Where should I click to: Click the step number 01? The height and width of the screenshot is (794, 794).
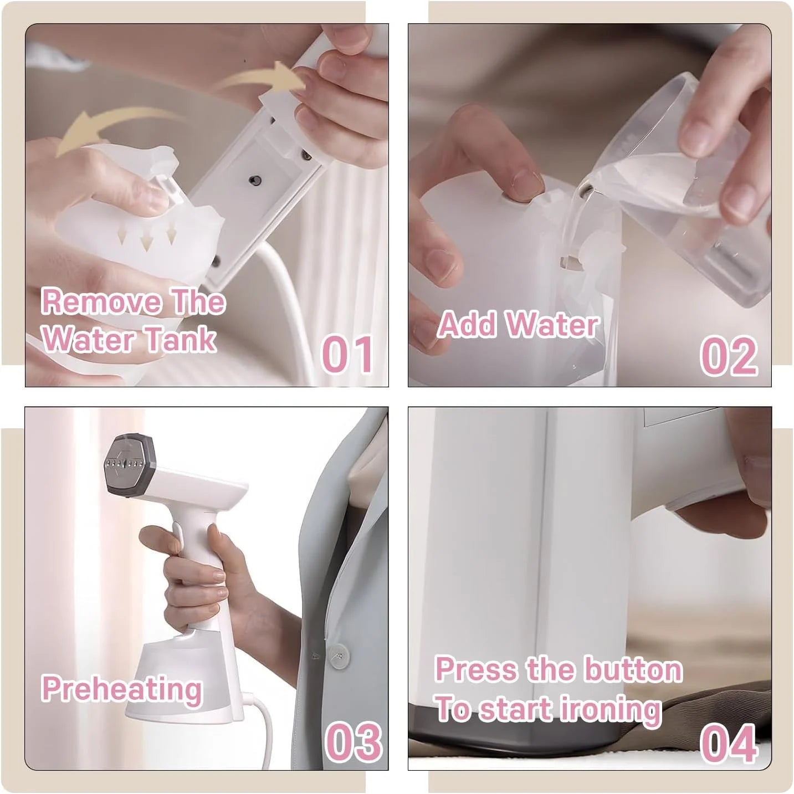(347, 355)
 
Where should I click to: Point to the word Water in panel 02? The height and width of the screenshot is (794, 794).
(552, 325)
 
